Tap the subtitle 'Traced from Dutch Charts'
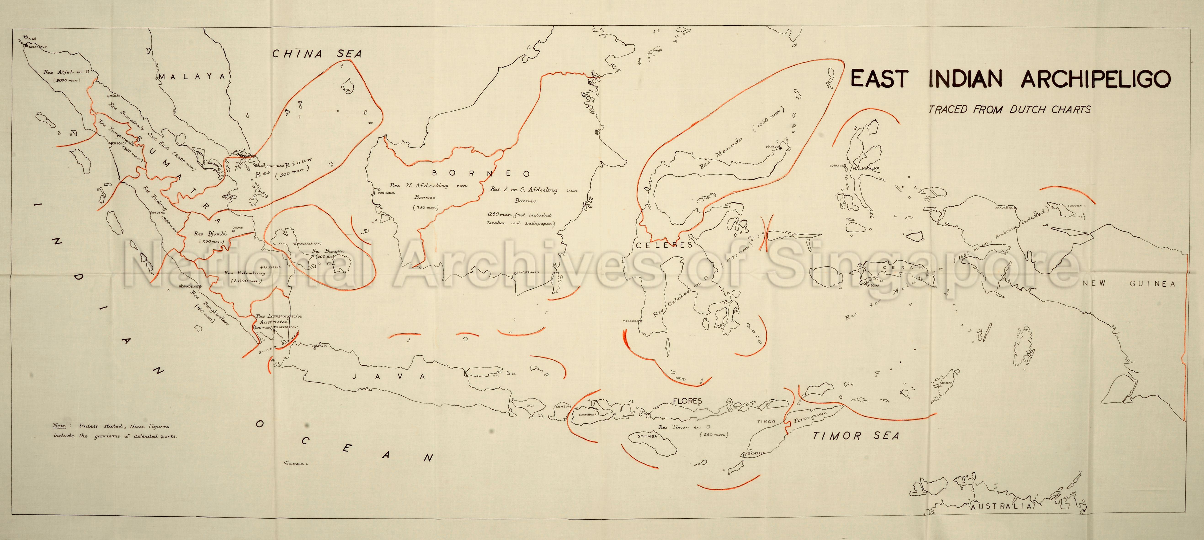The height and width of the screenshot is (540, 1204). click(1010, 110)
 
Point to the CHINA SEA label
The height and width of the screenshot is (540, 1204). click(317, 54)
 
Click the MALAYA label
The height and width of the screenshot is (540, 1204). click(192, 76)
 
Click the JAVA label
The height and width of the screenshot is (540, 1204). click(388, 376)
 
